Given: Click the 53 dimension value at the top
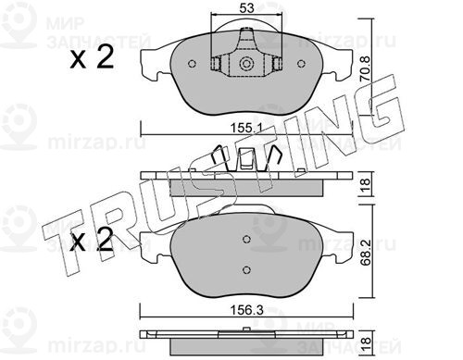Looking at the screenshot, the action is point(246,8).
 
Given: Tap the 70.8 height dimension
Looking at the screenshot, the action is point(366,68).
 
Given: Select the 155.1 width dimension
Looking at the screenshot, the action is point(246,128).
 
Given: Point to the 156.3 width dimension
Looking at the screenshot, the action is point(247,310).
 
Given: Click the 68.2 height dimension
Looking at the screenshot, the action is point(366,253).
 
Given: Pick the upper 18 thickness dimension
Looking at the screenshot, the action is point(366,184).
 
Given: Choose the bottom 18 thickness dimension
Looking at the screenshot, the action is point(366,341).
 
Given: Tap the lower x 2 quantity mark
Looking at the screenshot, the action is point(92,240).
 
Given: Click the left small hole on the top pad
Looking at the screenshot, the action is point(192,64).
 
